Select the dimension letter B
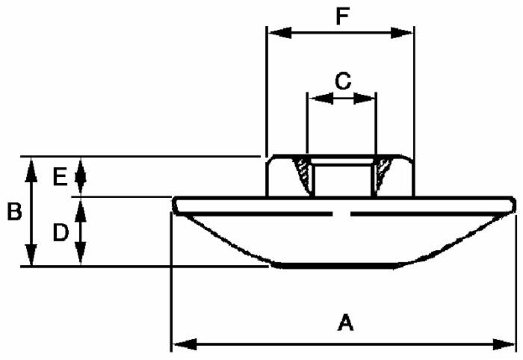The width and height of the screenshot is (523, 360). click(x=13, y=213)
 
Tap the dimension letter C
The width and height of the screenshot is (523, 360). click(x=342, y=81)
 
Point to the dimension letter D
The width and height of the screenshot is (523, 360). click(x=61, y=233)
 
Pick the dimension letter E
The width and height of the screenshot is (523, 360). click(x=61, y=176)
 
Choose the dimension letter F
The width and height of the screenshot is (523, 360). click(x=341, y=16)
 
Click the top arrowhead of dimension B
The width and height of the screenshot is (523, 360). click(x=31, y=164)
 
